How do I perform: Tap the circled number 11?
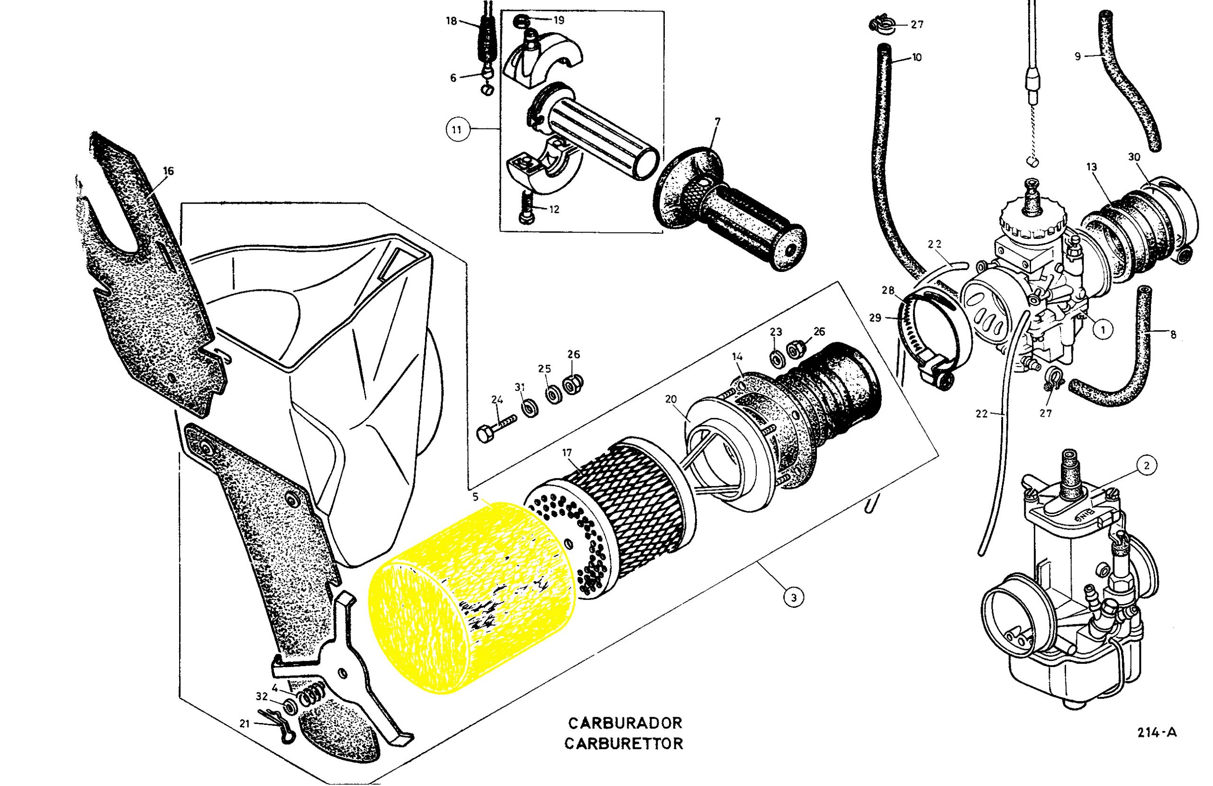click(x=457, y=129)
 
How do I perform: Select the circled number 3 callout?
click(x=794, y=597)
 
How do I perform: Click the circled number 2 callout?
click(x=1146, y=465)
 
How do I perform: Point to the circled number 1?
click(x=1103, y=330)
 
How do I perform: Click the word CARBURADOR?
click(x=625, y=723)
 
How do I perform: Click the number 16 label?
click(x=168, y=171)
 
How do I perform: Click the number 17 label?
click(x=567, y=452)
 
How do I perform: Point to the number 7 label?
click(x=717, y=121)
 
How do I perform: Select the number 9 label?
click(x=1077, y=56)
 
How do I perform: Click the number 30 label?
click(x=1134, y=157)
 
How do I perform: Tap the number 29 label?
click(x=875, y=318)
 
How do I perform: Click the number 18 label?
click(x=452, y=21)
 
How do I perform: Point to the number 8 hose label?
click(x=1173, y=334)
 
